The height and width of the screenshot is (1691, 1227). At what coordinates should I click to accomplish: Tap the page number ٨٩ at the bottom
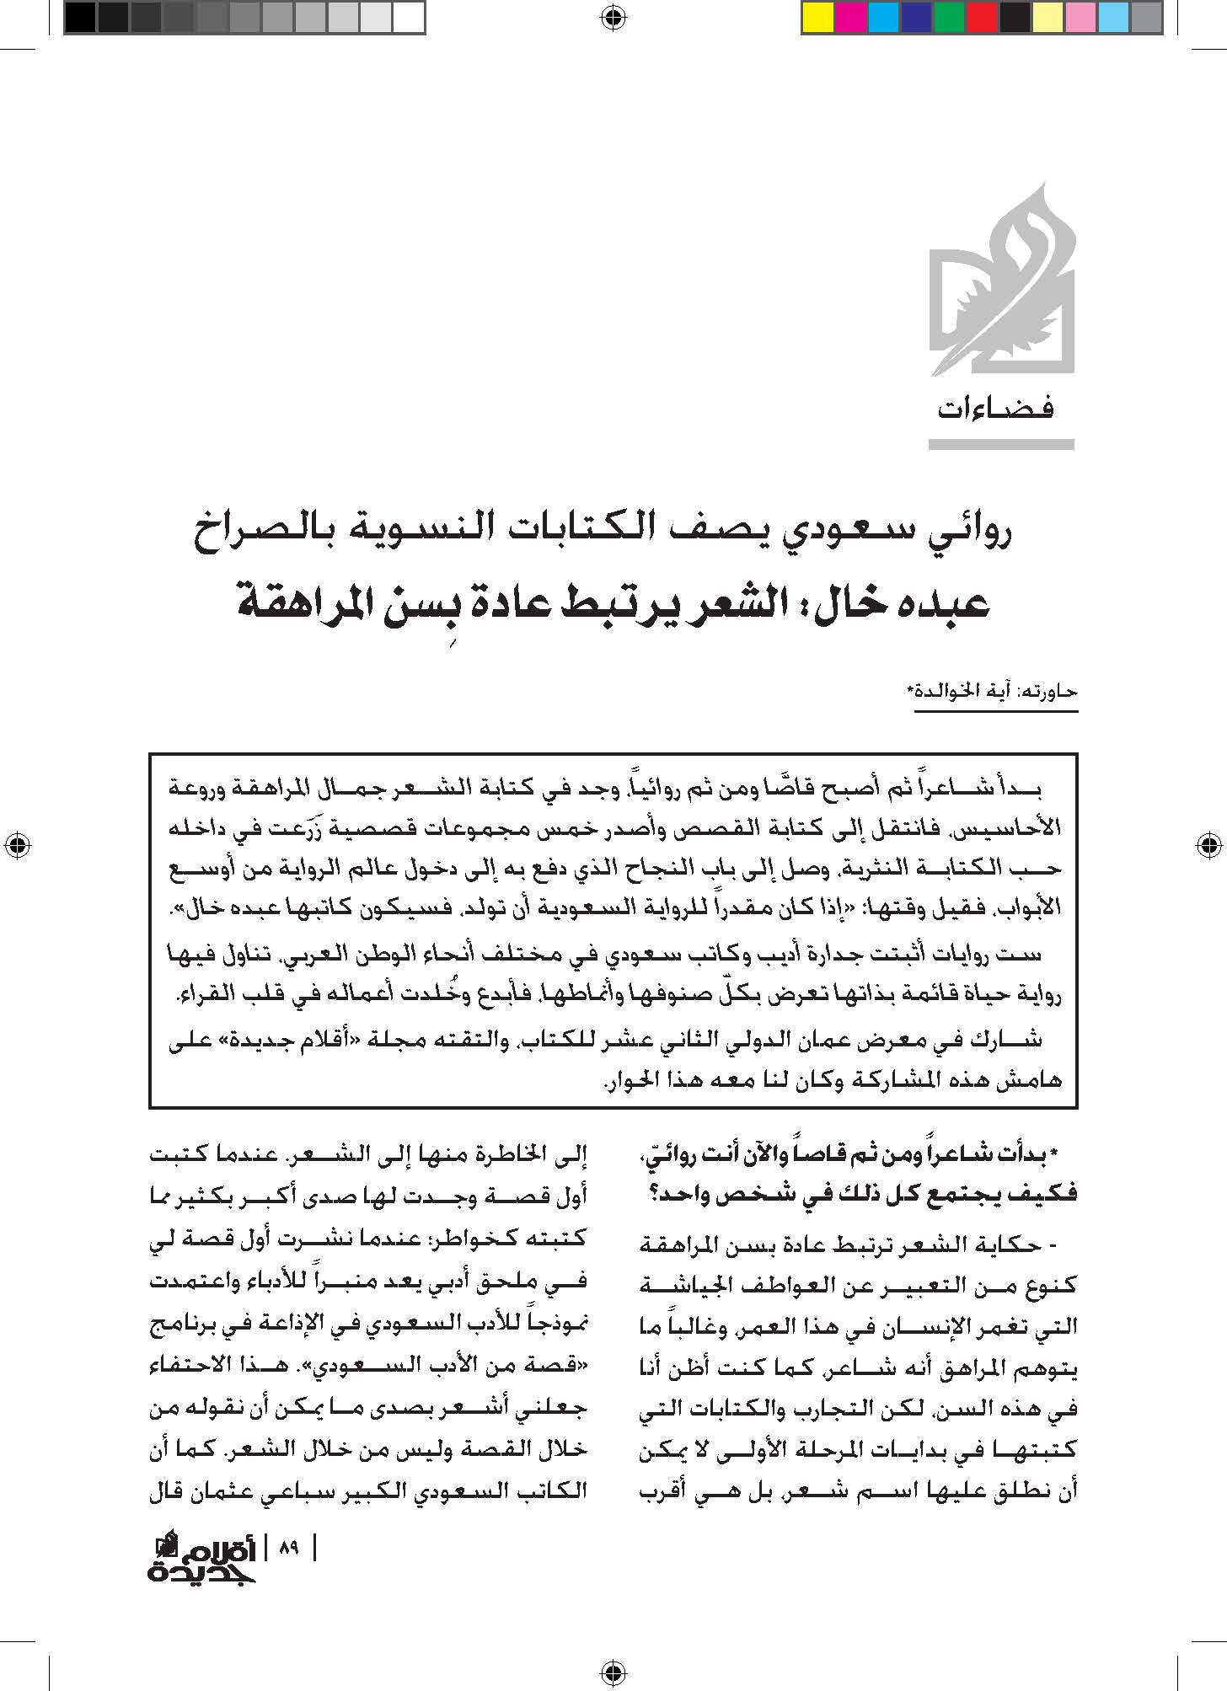click(x=289, y=1548)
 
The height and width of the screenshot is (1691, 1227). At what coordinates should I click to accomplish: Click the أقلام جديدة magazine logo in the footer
click(x=203, y=1559)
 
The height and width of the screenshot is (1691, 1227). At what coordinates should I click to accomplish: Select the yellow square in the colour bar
click(x=817, y=18)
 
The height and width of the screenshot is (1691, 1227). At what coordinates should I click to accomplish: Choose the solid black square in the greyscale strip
click(x=80, y=18)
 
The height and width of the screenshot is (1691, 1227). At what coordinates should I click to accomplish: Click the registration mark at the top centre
click(x=613, y=14)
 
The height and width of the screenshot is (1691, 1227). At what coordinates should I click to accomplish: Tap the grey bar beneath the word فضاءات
click(x=1001, y=444)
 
